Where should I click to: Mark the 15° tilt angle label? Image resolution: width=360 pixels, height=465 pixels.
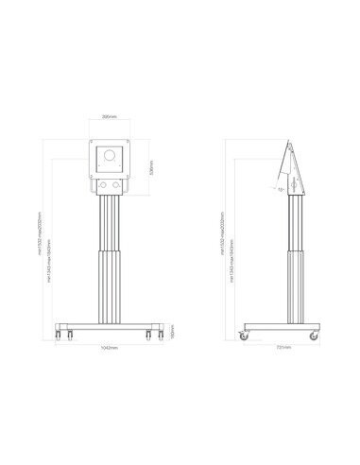point(281,190)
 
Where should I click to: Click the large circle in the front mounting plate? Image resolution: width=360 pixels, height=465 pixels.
point(110,155)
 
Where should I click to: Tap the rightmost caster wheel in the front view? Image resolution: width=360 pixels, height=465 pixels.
point(151,334)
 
